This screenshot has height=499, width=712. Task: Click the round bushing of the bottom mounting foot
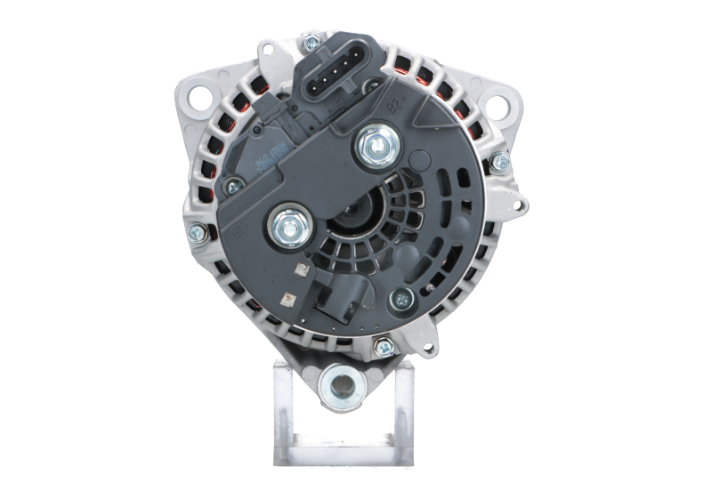tap(344, 383)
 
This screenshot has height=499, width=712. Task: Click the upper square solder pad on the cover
tap(300, 269)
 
